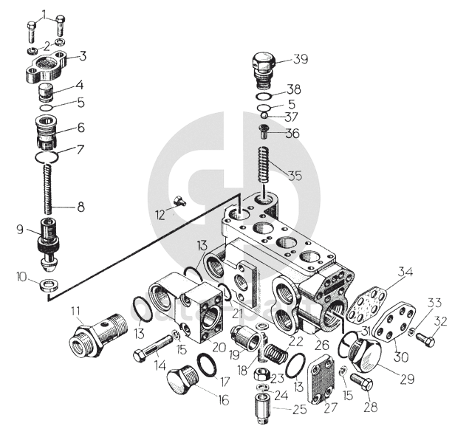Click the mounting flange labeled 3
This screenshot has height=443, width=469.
coord(46,66)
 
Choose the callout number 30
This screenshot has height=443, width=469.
coord(402,356)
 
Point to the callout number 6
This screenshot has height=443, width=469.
coord(81,127)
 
